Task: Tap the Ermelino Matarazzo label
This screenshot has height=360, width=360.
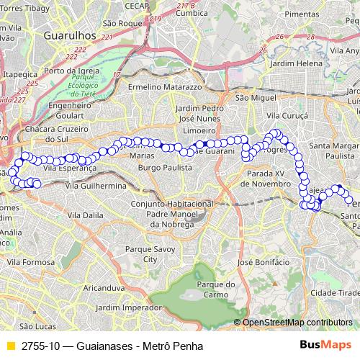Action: pos(165,87)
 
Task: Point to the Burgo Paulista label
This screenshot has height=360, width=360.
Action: pos(165,167)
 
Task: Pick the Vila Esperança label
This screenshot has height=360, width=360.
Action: pos(70,167)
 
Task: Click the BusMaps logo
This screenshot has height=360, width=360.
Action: pos(330,346)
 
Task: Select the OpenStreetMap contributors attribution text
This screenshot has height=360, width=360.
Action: pos(297,323)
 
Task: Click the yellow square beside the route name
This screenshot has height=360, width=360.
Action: pos(10,346)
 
